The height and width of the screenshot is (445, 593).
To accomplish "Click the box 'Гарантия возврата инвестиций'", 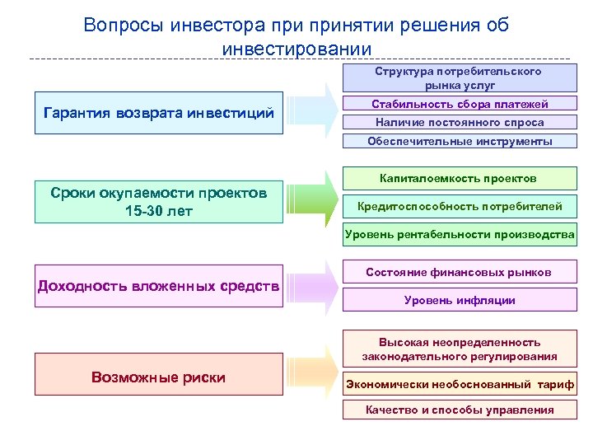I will click(x=159, y=112).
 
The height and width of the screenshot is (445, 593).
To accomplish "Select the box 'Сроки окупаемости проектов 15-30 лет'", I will click(x=159, y=202).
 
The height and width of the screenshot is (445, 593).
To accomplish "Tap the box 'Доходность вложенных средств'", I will click(x=159, y=286).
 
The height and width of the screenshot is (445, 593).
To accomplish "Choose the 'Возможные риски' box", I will click(x=159, y=377).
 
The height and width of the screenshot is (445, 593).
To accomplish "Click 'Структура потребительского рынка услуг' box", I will click(x=459, y=78).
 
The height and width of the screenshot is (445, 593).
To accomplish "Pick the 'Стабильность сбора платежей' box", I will click(x=459, y=104).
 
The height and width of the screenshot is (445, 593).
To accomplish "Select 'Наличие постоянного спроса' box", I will click(x=459, y=122).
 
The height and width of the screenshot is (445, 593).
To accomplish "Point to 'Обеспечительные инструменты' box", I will click(x=459, y=141).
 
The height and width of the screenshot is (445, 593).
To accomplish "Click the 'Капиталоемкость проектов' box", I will click(x=459, y=178).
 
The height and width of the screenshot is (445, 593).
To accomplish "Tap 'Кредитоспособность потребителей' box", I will click(x=459, y=206).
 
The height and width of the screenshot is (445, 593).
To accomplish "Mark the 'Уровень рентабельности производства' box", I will click(x=459, y=235).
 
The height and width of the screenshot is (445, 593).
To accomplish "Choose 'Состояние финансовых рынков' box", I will click(x=459, y=272).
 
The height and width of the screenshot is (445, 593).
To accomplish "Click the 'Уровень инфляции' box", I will click(x=459, y=300).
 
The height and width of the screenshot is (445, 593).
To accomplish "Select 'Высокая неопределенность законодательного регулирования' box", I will click(x=459, y=349).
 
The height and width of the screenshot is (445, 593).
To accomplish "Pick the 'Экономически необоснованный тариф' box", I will click(x=459, y=384).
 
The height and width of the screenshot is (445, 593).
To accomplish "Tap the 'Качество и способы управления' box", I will click(x=459, y=410).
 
